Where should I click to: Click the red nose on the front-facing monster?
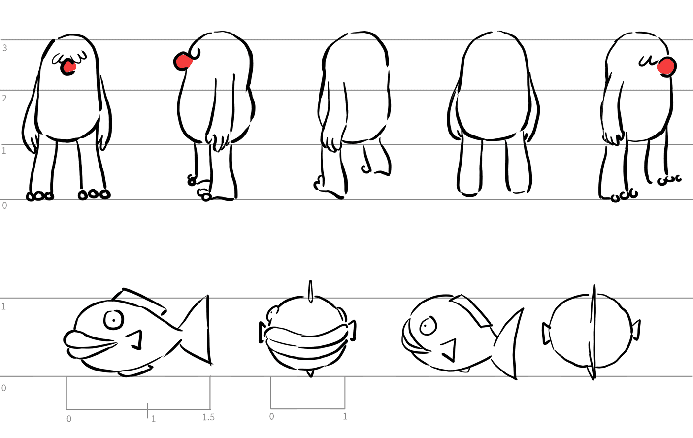68,67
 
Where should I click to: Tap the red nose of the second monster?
183,61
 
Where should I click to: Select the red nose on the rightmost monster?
667,66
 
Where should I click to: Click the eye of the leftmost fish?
114,320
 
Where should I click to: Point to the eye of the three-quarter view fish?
428,326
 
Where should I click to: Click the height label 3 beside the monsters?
4,48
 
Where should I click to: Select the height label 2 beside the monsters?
4,99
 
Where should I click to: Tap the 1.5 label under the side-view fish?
208,417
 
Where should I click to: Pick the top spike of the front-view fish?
310,291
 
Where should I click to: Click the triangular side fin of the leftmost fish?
136,340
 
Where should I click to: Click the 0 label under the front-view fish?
271,417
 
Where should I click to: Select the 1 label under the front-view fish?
345,417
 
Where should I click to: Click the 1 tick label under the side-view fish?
153,419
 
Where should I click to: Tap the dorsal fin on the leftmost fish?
139,300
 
